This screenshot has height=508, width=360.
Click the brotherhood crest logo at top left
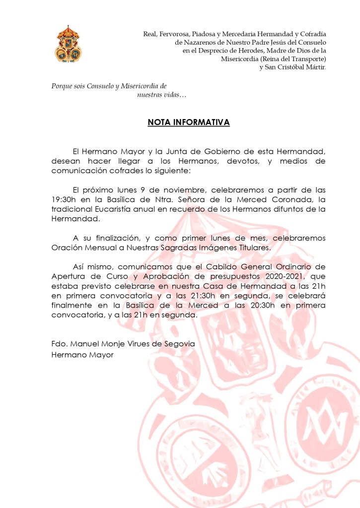68,44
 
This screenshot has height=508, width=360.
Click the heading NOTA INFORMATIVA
189,122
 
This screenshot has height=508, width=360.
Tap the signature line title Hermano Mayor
82,355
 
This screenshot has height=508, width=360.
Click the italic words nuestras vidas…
161,94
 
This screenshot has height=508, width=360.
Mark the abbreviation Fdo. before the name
60,344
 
